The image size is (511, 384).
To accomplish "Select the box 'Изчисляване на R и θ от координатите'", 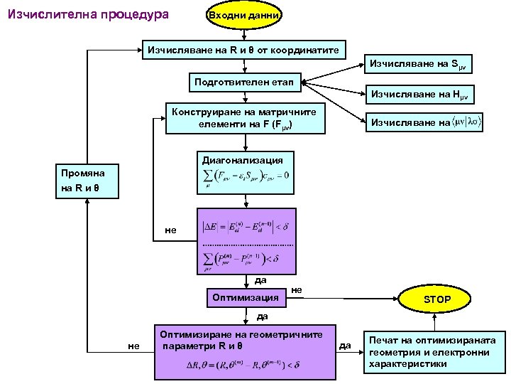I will [x=245, y=51].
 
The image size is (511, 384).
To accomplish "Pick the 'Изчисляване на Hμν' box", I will [x=421, y=95].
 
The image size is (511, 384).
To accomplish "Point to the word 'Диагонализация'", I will [x=243, y=161].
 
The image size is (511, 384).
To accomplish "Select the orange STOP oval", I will [x=437, y=299].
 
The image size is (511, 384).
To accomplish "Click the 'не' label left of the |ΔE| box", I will [x=170, y=230].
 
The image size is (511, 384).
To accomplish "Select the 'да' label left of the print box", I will [x=346, y=346].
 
